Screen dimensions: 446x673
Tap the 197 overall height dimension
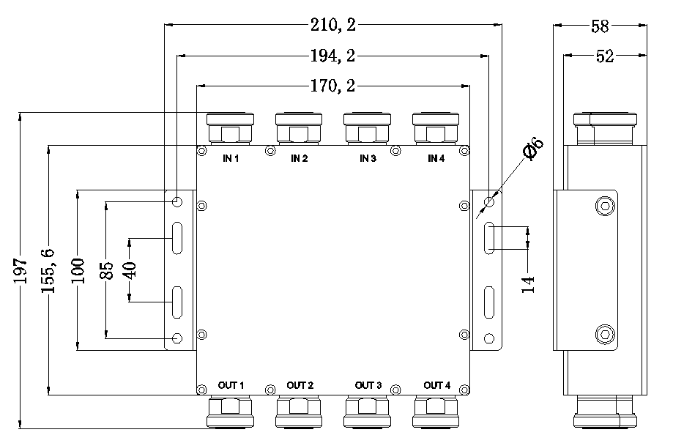coord(21,271)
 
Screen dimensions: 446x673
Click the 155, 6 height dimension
coord(48,271)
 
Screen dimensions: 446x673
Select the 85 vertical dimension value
coord(105,271)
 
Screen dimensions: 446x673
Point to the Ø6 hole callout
coord(532,149)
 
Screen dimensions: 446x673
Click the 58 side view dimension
coord(600,26)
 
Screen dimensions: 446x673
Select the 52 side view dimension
coord(605,56)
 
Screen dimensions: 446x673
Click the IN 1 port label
coord(231,158)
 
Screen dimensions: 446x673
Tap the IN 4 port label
coord(436,158)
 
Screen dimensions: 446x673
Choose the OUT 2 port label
coord(300,385)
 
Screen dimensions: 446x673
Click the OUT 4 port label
coord(436,385)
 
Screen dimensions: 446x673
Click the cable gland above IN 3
coord(367,127)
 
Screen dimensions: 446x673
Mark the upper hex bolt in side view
coord(604,207)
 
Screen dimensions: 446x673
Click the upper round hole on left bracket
coord(177,201)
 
